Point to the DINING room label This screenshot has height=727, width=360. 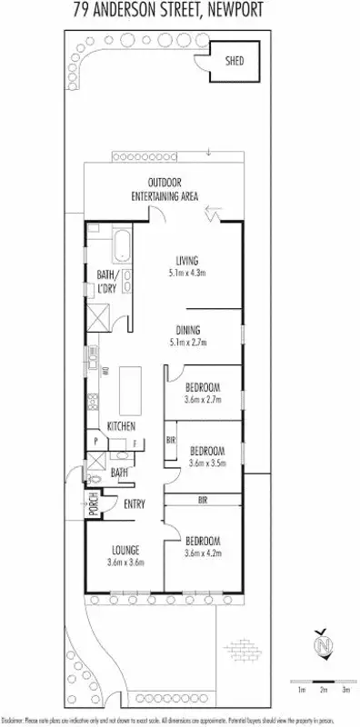point(188,330)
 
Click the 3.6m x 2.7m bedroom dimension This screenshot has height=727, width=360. point(203,398)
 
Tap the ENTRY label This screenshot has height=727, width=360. point(134,502)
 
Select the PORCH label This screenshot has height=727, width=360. point(92,503)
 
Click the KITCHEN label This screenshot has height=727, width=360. point(121,427)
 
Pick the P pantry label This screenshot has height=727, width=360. point(96,442)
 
